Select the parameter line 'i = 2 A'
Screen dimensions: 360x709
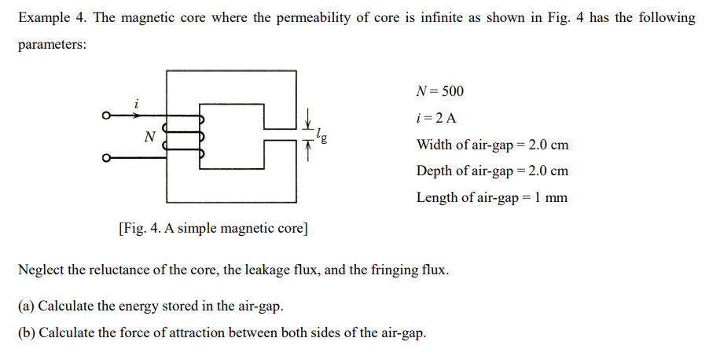coord(435,118)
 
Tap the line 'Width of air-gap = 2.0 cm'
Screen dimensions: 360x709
coord(492,145)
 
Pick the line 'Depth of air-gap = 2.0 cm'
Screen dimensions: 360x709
coord(492,171)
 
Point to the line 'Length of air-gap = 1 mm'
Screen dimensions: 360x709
coord(491,197)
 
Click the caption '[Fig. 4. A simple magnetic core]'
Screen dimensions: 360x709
coord(213,229)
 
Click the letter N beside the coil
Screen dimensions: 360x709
coord(149,137)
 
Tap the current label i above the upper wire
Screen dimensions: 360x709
coord(137,103)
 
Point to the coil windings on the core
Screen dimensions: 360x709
coord(183,138)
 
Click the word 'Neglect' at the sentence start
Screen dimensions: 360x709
coord(41,270)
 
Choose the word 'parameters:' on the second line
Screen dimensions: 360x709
coord(52,45)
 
